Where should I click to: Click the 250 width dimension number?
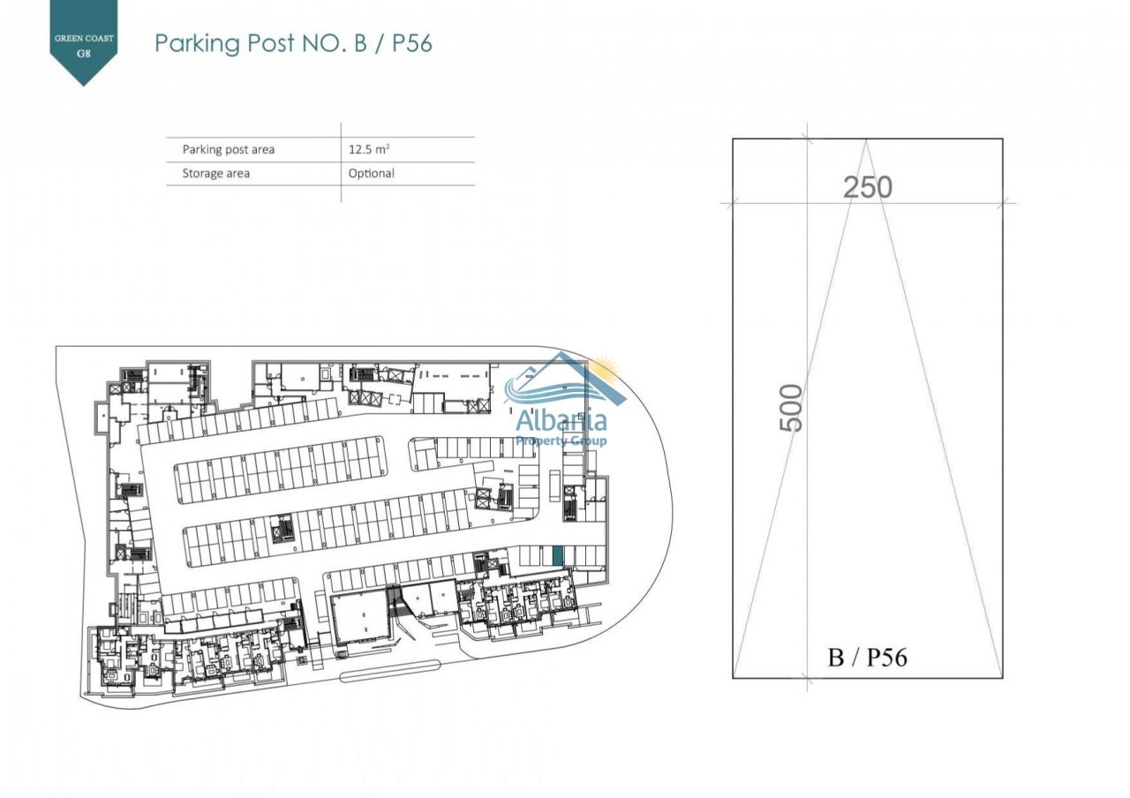tap(868, 187)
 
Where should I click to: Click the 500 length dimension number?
tap(791, 408)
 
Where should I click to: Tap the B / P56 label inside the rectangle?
tap(867, 658)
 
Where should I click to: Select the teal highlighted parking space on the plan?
tap(558, 556)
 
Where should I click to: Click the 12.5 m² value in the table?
tap(369, 149)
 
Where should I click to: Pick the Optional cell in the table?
tap(372, 173)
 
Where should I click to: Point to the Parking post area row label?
tap(229, 149)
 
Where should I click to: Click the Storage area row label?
tap(216, 173)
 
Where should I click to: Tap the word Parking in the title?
tap(197, 43)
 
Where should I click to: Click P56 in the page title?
tap(412, 42)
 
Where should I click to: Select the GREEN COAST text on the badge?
tap(84, 38)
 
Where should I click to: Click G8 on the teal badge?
tap(84, 53)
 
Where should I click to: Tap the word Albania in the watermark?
tap(561, 421)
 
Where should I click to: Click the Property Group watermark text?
tap(561, 441)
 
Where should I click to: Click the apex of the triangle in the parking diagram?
tap(866, 139)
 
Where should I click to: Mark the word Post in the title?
tap(271, 43)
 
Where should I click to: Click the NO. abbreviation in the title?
tap(325, 43)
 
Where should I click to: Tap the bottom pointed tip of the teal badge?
tap(84, 86)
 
